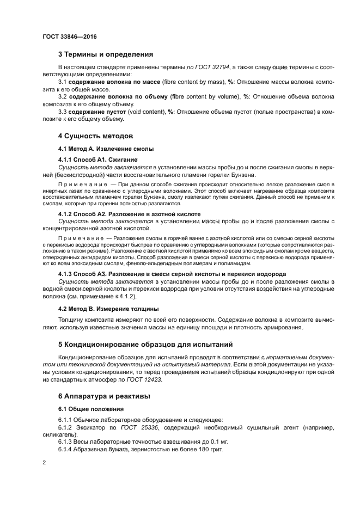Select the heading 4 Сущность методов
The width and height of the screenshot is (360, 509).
pos(95,136)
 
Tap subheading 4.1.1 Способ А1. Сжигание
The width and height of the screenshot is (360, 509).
pos(97,160)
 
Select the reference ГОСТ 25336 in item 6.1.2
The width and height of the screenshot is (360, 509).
pos(130,427)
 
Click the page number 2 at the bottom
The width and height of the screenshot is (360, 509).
pos(44,462)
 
